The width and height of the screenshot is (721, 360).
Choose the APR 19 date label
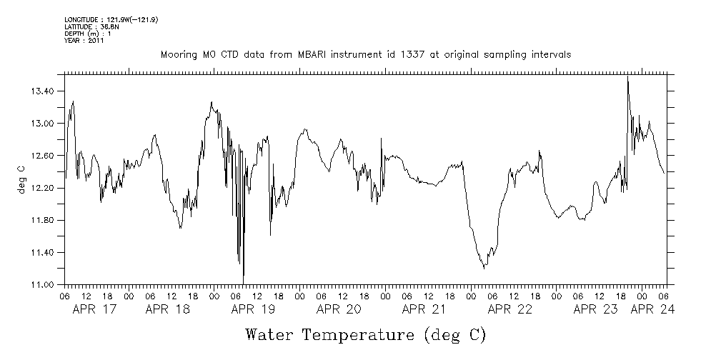252,310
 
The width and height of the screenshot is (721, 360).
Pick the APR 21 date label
424,310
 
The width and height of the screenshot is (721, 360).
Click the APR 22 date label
509,310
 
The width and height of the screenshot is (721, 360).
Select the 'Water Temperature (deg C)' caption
365,335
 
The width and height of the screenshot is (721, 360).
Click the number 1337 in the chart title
427,55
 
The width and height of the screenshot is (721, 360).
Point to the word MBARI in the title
327,55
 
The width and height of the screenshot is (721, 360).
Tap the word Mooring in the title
179,55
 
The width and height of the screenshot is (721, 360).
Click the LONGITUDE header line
111,20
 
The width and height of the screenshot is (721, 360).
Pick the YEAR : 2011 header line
84,41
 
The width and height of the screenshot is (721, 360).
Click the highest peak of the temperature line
627,76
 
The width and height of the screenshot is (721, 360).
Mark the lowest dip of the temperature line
243,281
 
